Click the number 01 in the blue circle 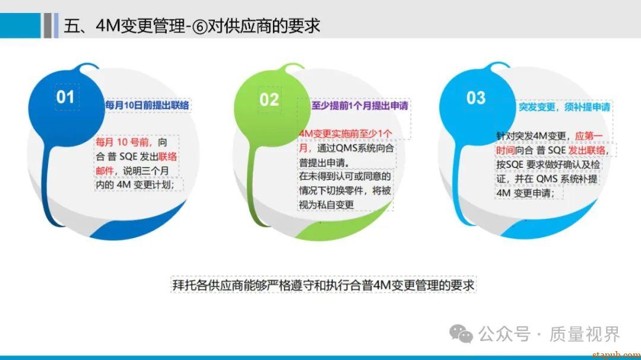point(65,97)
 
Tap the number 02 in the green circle point(269,100)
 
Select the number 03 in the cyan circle point(476,98)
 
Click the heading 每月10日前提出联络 point(147,105)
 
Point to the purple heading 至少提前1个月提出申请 point(360,106)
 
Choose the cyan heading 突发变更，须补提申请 point(564,107)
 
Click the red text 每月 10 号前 point(122,142)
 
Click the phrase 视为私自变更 point(326,204)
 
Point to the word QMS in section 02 point(346,148)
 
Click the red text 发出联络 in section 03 point(587,151)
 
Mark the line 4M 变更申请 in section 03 point(525,193)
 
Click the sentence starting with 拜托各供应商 point(323,285)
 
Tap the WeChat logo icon point(461,334)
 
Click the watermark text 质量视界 point(585,334)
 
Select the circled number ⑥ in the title point(200,27)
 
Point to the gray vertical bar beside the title point(47,26)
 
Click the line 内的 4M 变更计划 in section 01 point(135,184)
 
